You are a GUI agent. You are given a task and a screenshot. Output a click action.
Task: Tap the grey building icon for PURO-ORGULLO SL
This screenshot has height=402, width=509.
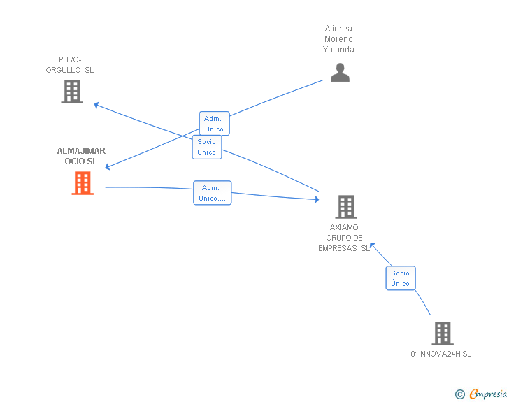[x=72, y=92]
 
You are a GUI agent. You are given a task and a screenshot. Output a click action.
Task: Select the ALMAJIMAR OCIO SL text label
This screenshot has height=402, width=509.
[x=81, y=156]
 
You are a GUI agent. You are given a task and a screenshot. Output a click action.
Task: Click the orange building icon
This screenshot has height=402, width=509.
[x=83, y=183]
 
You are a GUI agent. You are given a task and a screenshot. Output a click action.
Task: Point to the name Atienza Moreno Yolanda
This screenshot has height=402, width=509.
[x=338, y=39]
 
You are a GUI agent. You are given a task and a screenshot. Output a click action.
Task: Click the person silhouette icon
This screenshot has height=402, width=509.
[x=340, y=73]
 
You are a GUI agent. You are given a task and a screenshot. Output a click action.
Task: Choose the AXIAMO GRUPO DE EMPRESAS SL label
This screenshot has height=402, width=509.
[x=344, y=238]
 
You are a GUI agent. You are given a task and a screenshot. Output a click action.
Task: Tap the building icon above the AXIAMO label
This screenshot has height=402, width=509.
[x=346, y=207]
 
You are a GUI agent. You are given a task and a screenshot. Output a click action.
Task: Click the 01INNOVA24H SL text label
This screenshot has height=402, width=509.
[x=440, y=354]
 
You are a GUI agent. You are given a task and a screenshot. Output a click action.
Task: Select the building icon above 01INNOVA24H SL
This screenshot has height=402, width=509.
[x=443, y=333]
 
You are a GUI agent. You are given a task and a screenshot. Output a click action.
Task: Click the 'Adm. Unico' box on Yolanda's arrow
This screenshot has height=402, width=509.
[x=214, y=124]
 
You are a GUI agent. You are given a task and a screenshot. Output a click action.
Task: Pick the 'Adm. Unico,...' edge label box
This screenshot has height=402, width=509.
[x=212, y=193]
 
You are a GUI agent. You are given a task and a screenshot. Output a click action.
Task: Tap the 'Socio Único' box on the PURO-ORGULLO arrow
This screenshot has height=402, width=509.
[x=207, y=147]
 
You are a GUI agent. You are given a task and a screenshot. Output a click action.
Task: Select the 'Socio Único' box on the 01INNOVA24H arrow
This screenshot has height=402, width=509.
[x=401, y=278]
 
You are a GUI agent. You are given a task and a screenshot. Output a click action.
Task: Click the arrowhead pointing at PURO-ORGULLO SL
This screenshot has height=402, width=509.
[x=97, y=105]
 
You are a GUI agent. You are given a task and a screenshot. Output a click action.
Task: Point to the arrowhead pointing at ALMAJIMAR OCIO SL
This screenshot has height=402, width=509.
[x=108, y=167]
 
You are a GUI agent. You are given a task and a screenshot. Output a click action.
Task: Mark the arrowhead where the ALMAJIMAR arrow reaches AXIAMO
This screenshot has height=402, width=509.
[x=316, y=200]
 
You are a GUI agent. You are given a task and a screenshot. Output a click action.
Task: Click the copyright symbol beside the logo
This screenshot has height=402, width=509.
[x=459, y=394]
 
